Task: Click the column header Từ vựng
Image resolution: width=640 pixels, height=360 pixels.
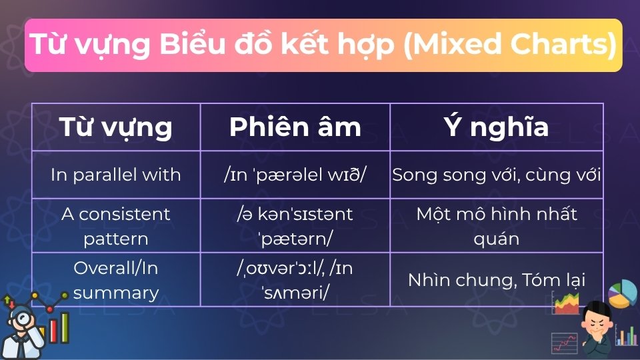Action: click(x=116, y=127)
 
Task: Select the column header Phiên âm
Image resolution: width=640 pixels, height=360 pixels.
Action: click(x=295, y=127)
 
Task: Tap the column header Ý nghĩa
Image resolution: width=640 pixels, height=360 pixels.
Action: click(x=496, y=127)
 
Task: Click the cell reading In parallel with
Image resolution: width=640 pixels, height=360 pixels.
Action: click(x=116, y=175)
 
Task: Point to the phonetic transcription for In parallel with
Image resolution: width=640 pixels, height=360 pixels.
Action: click(x=295, y=175)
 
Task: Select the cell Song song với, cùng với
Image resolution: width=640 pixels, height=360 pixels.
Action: click(x=496, y=175)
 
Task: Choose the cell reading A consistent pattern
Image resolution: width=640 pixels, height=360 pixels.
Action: click(x=116, y=225)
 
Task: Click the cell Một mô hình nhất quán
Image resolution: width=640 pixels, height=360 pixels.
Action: click(x=496, y=225)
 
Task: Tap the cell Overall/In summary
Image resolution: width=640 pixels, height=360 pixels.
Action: click(x=116, y=280)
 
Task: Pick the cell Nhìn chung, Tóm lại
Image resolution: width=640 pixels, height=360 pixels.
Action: click(x=496, y=280)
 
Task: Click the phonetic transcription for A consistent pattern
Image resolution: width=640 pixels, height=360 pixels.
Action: click(x=295, y=225)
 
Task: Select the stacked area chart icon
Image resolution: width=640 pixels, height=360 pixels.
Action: click(x=567, y=303)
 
